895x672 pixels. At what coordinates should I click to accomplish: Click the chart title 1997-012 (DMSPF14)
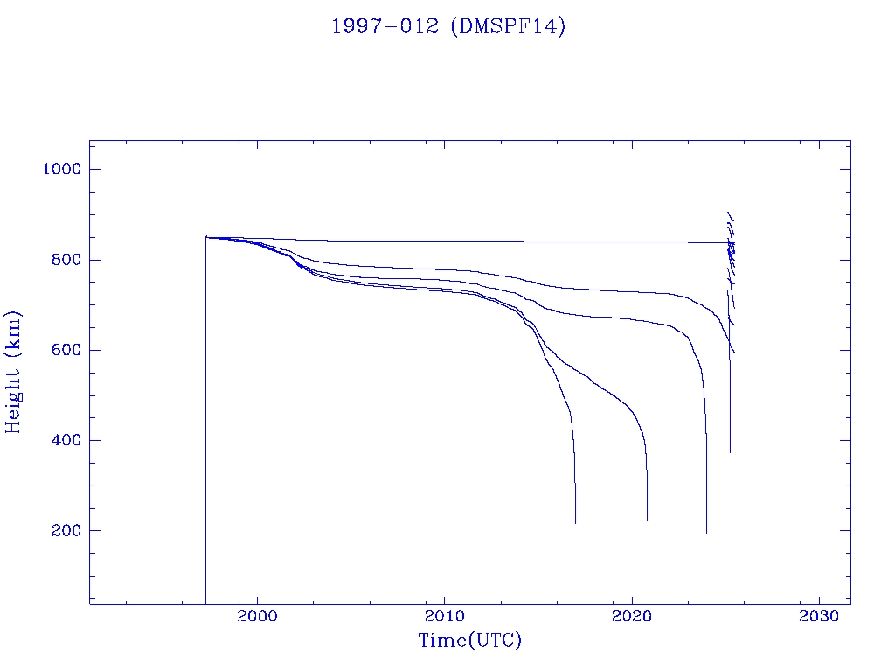tap(448, 26)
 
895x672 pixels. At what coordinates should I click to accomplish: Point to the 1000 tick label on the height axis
tap(61, 169)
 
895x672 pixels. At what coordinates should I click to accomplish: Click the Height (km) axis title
tap(13, 372)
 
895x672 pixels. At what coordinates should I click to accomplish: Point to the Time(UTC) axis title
tap(470, 640)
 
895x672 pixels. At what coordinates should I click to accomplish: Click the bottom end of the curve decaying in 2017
tap(576, 522)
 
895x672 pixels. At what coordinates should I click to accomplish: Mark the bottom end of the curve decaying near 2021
tap(648, 521)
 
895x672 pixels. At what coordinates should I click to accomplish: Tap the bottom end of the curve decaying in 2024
tap(706, 532)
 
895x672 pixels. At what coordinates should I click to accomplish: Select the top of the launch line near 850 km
tap(206, 236)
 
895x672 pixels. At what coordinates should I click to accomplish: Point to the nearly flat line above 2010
tap(445, 241)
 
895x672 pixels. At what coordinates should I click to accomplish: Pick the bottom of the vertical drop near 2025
tap(730, 451)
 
